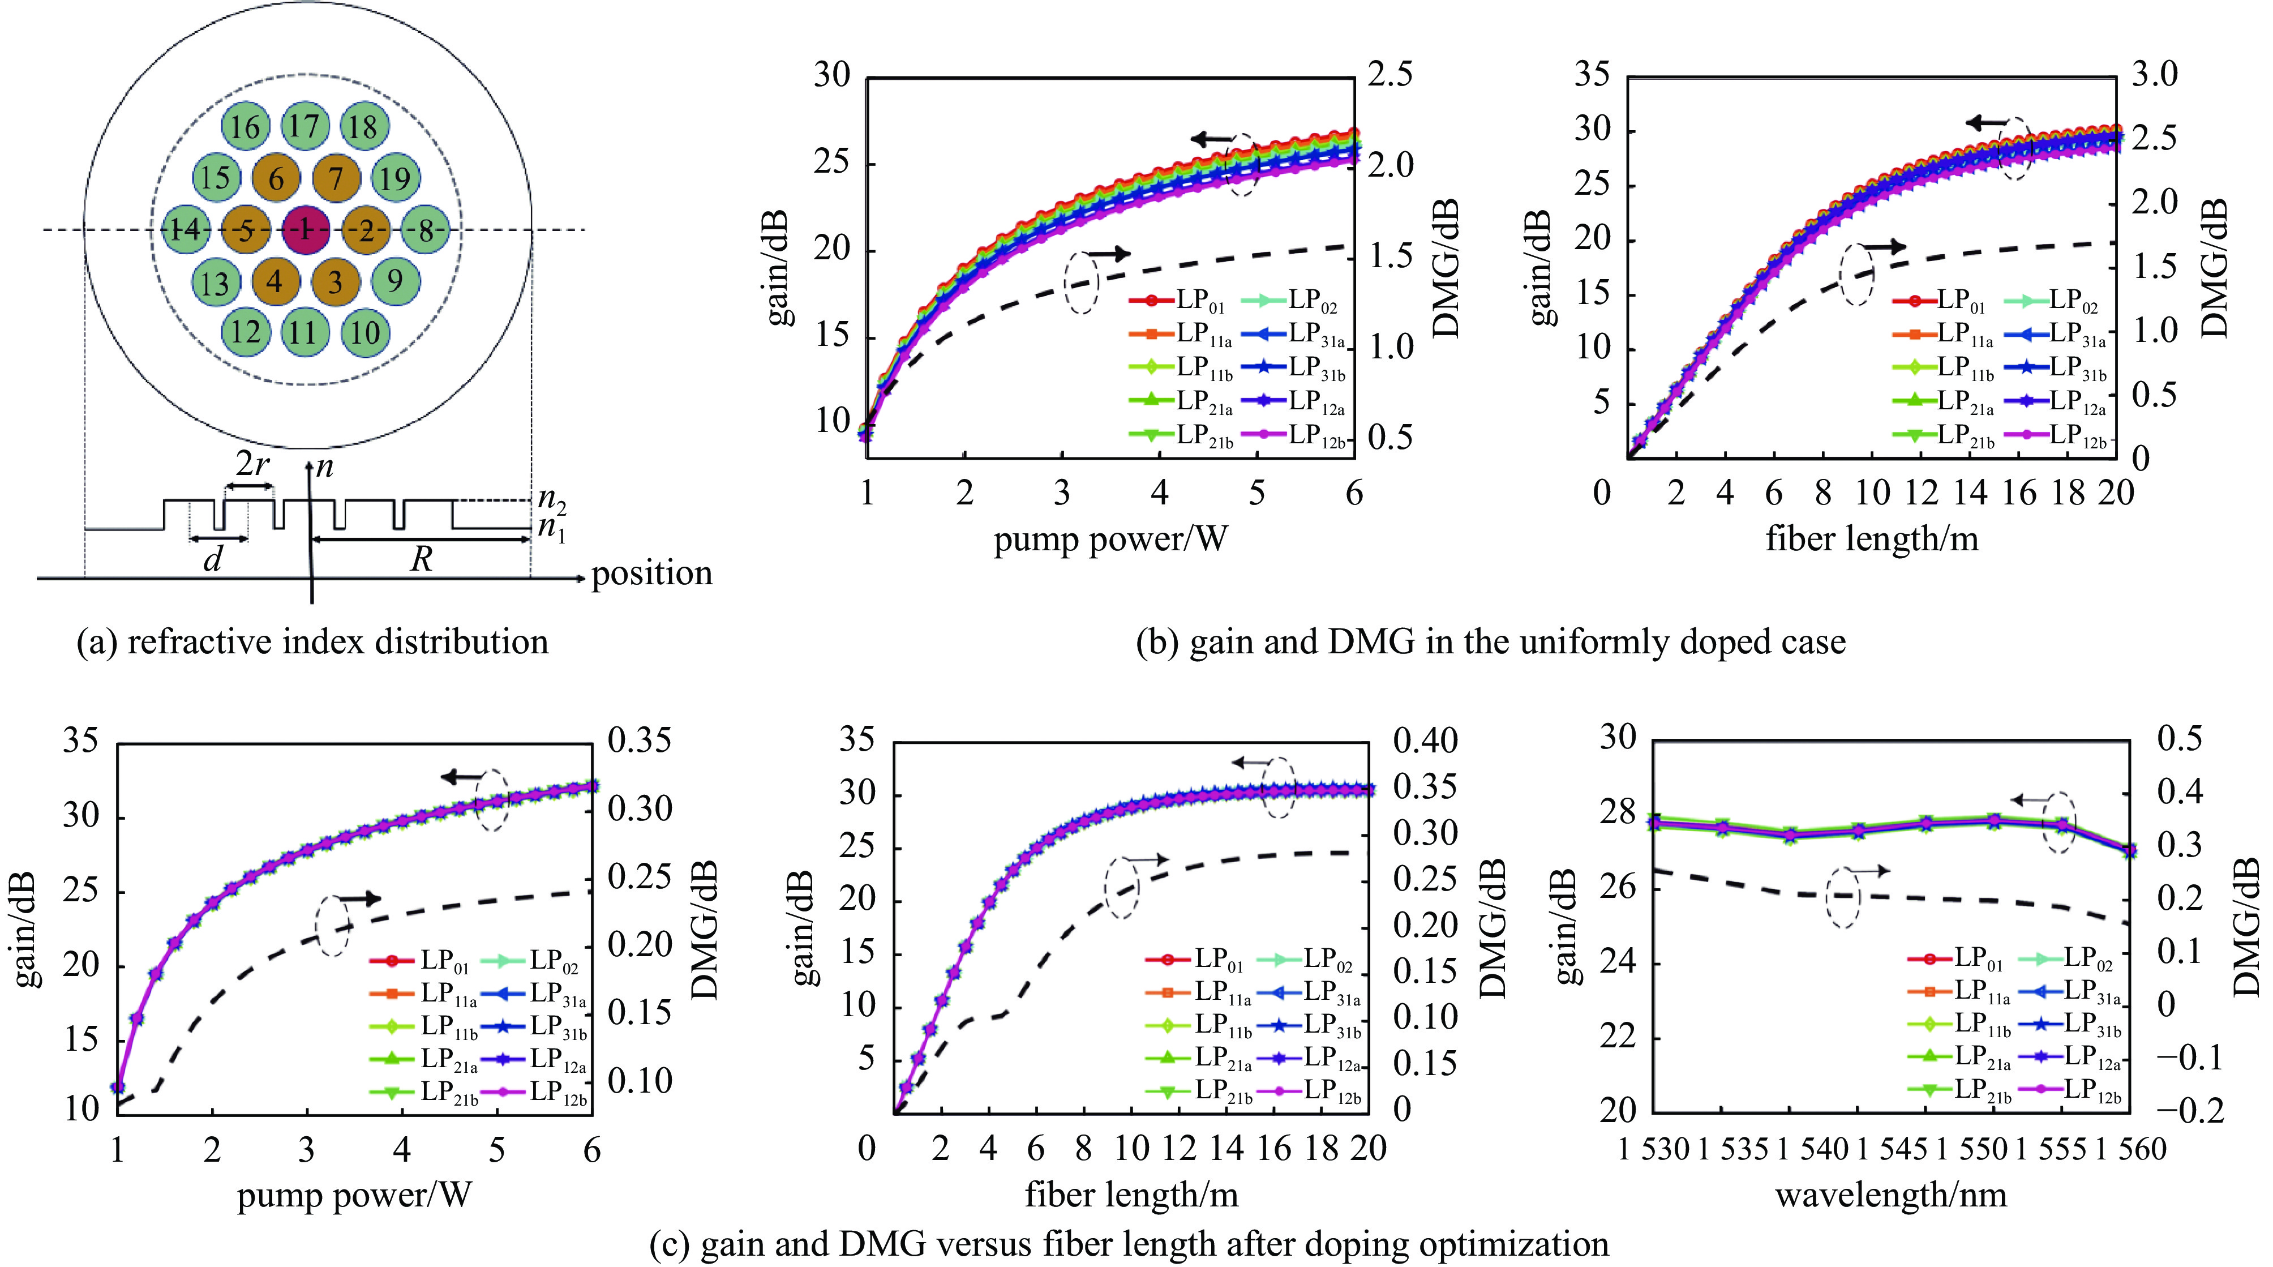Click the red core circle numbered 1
(x=305, y=231)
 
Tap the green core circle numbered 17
(x=305, y=126)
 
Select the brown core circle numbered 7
(x=335, y=179)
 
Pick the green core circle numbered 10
(x=364, y=333)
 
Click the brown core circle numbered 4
(x=275, y=282)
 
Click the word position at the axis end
(x=651, y=573)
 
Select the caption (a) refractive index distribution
(x=312, y=641)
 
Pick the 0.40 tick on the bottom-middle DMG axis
(x=1425, y=741)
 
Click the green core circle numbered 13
(x=215, y=283)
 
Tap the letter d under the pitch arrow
(x=212, y=559)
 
